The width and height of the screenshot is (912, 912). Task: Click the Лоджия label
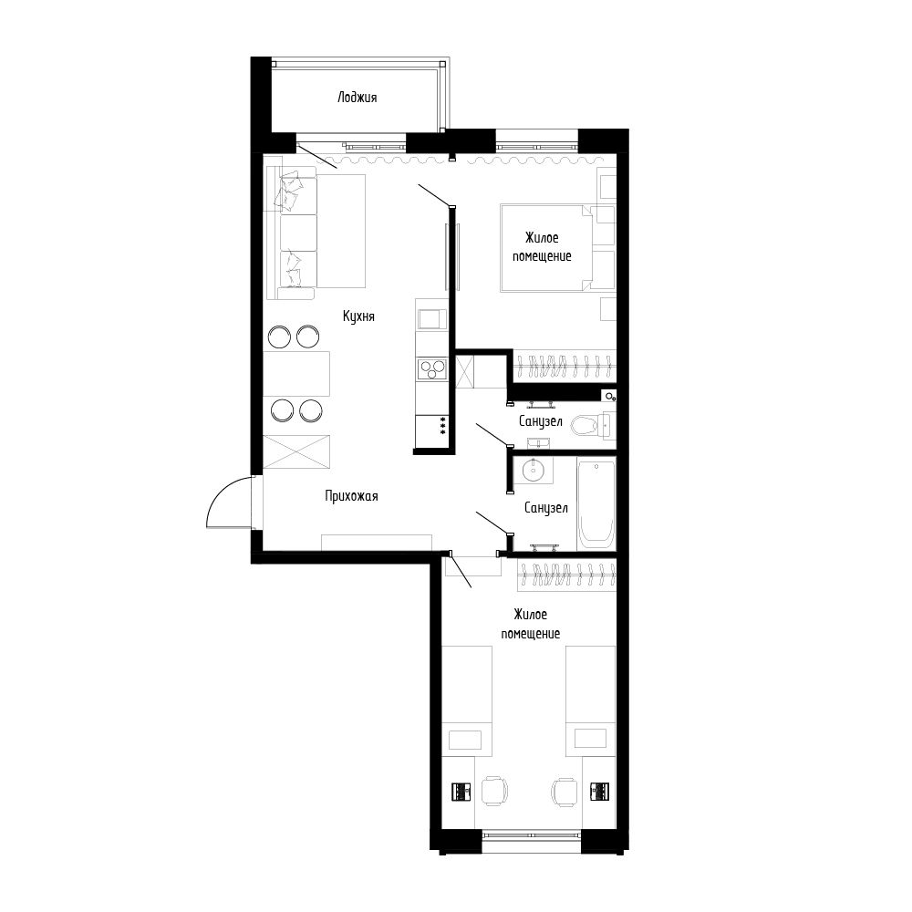357,97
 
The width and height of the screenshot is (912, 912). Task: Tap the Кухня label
359,316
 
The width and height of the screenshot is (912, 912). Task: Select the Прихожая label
350,496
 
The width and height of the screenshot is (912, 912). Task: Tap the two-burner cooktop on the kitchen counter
431,368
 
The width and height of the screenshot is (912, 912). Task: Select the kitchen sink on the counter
430,317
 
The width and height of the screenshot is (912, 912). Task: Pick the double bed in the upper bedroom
545,247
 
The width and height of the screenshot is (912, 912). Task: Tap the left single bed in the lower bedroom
467,700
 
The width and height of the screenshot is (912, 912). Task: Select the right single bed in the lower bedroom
590,700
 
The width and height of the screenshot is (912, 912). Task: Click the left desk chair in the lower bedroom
494,790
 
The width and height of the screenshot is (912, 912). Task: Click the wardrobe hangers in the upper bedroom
564,366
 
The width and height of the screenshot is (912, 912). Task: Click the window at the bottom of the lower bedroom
532,834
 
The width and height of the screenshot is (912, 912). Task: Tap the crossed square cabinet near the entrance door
297,451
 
